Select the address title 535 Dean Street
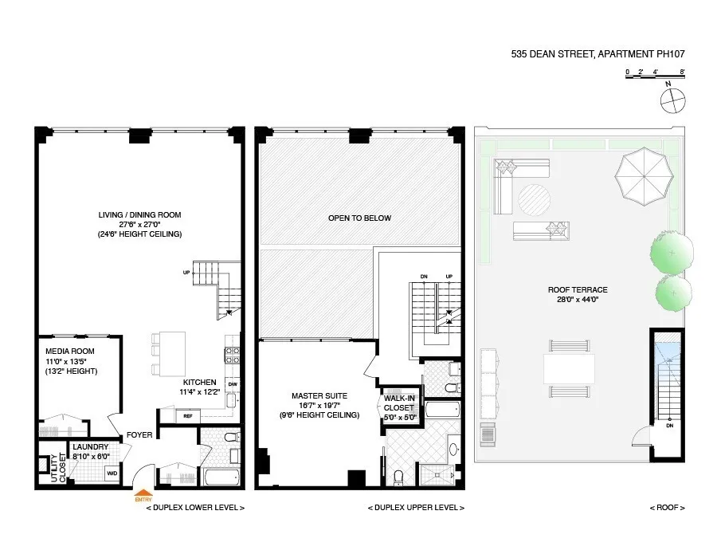click(x=597, y=55)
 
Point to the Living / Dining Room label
click(x=139, y=215)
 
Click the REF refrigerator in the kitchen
click(x=189, y=415)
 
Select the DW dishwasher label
click(x=232, y=384)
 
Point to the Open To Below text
click(x=360, y=218)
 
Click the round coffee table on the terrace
click(x=535, y=198)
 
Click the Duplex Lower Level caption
click(x=195, y=508)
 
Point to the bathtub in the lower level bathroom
click(x=219, y=477)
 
